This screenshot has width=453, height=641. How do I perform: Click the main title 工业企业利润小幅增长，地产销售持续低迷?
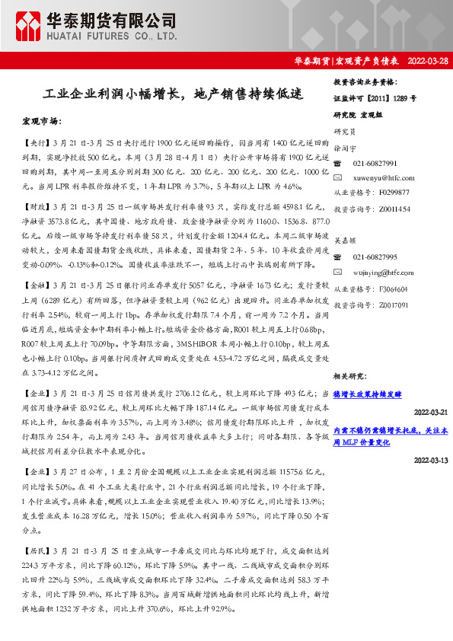(x=174, y=95)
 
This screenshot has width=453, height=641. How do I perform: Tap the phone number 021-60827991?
(x=375, y=164)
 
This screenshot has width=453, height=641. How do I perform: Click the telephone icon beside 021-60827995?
(x=340, y=258)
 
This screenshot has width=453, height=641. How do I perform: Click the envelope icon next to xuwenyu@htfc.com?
(x=340, y=177)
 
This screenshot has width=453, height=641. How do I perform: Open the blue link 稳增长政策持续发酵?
(x=367, y=394)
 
